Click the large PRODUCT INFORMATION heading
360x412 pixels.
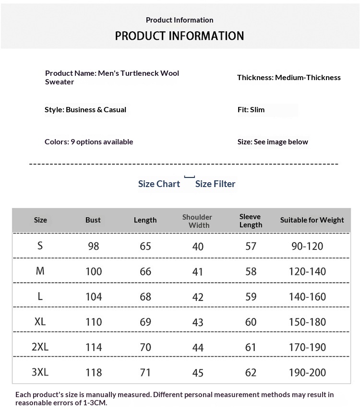[x=180, y=36]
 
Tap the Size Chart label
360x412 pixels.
[x=159, y=184]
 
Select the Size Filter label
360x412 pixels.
[x=215, y=184]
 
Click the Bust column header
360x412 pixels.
[x=93, y=220]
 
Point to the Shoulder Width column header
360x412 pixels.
[x=197, y=221]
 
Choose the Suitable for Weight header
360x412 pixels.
[x=312, y=220]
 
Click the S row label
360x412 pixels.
[x=40, y=246]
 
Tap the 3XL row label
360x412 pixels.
[x=40, y=372]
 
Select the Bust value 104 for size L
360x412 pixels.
[x=94, y=296]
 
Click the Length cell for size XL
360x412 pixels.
[x=145, y=322]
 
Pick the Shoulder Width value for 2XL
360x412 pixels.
[x=198, y=347]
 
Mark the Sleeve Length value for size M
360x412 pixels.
[x=251, y=271]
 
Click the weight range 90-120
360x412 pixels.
[x=307, y=246]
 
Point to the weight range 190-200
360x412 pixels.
[x=307, y=372]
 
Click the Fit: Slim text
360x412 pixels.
[x=251, y=109]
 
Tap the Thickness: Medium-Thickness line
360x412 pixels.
[x=288, y=77]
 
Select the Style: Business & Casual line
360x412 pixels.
[x=85, y=109]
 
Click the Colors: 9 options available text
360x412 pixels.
[x=89, y=141]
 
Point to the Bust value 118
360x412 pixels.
[x=94, y=372]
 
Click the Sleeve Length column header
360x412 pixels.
[x=251, y=221]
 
